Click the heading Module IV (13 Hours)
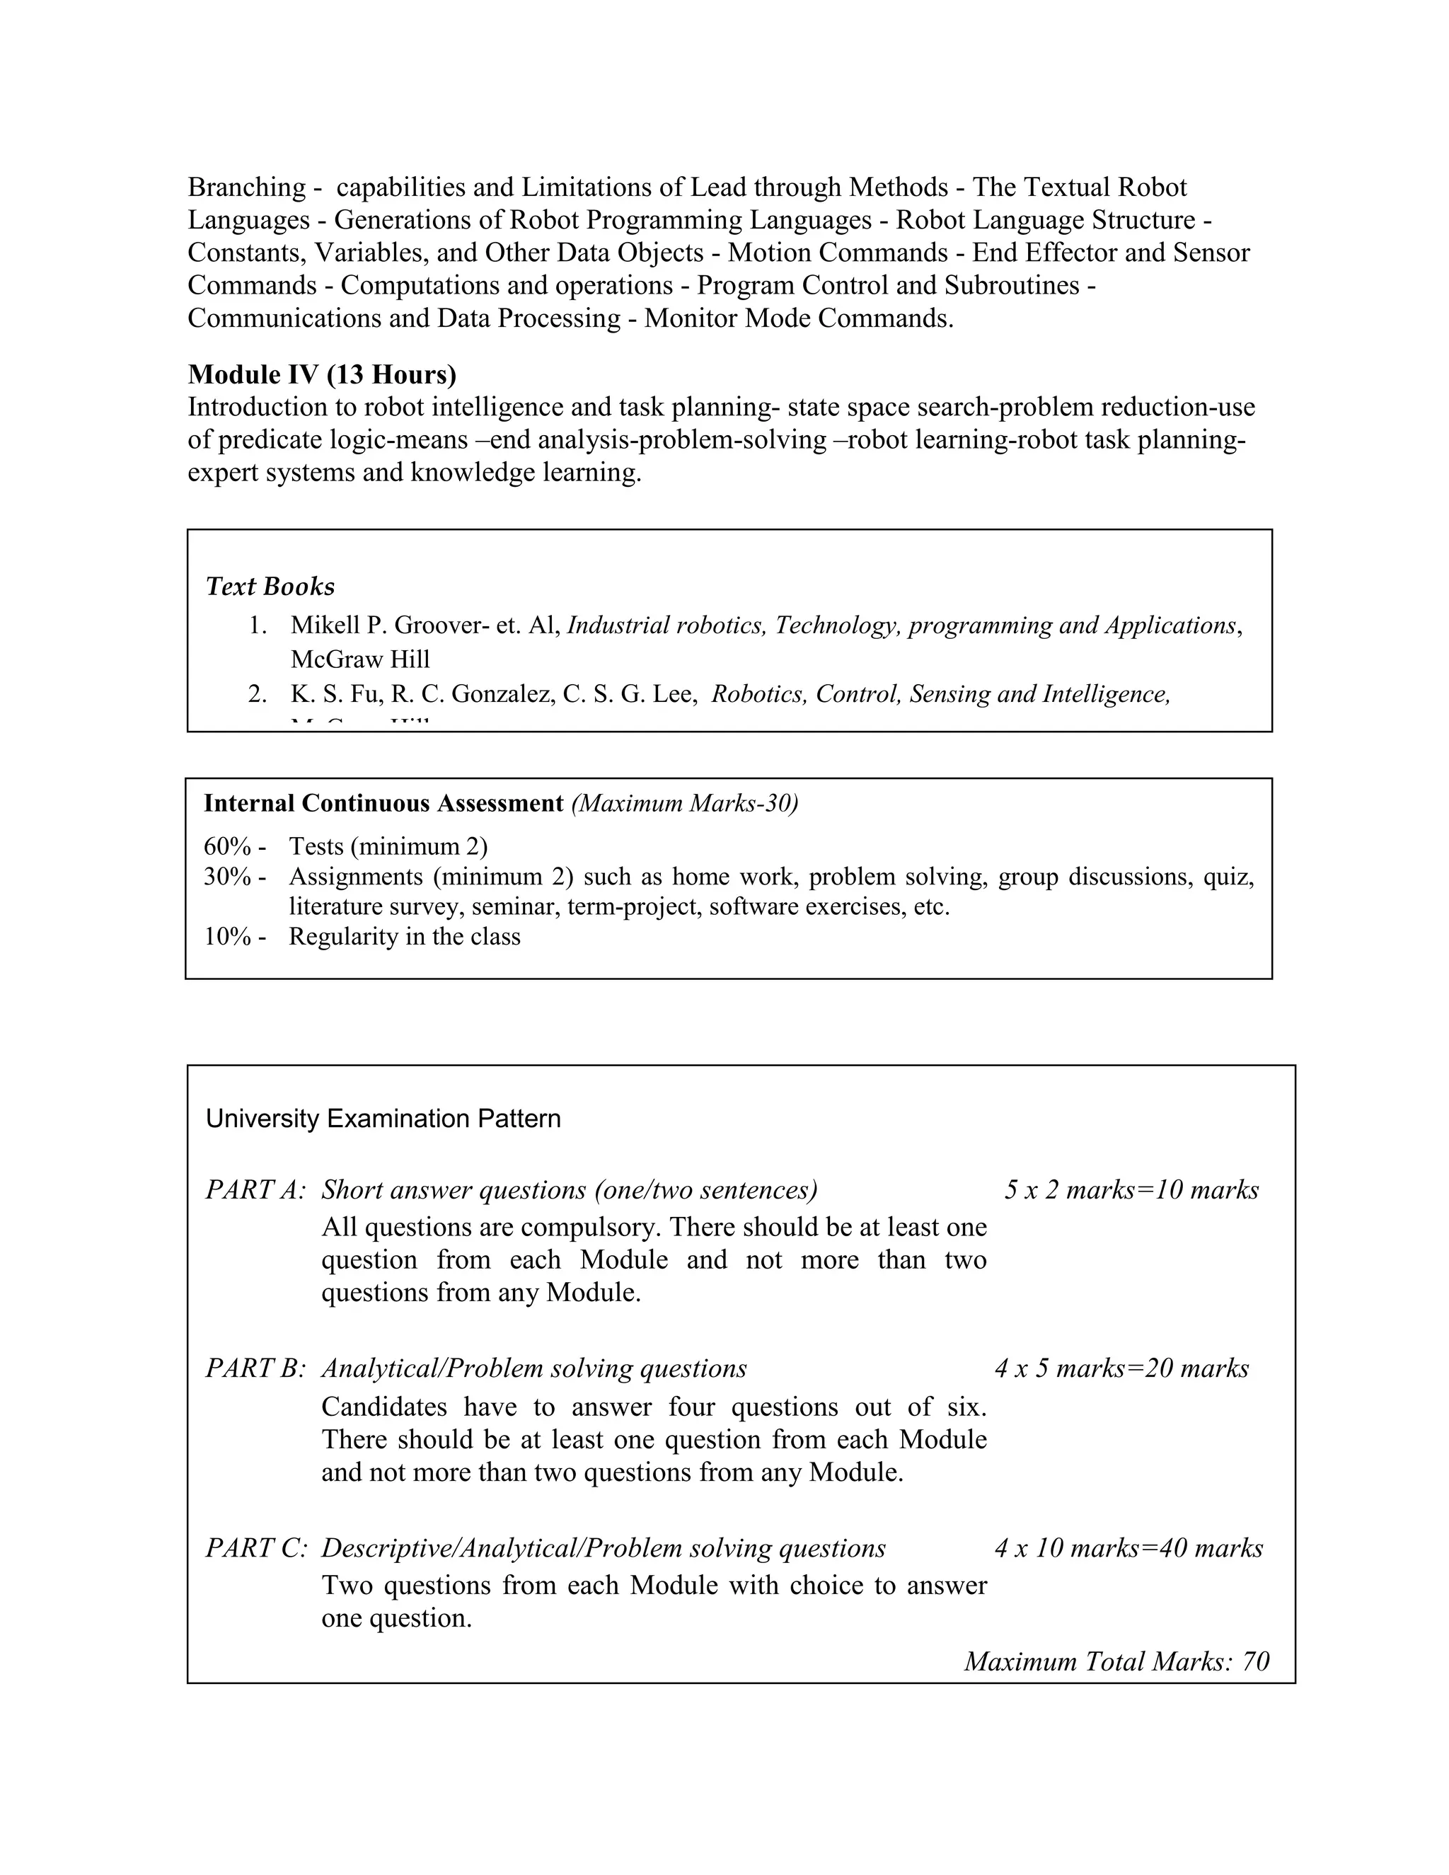point(322,374)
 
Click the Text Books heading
point(270,587)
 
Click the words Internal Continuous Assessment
point(383,804)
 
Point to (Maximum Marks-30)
point(684,804)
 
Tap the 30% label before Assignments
point(228,877)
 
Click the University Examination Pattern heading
point(383,1119)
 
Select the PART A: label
point(255,1190)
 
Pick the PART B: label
point(255,1368)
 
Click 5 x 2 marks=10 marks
point(1131,1190)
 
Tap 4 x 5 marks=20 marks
point(1121,1368)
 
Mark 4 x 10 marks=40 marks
point(1128,1548)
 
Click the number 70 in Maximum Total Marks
point(1255,1661)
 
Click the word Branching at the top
point(246,187)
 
